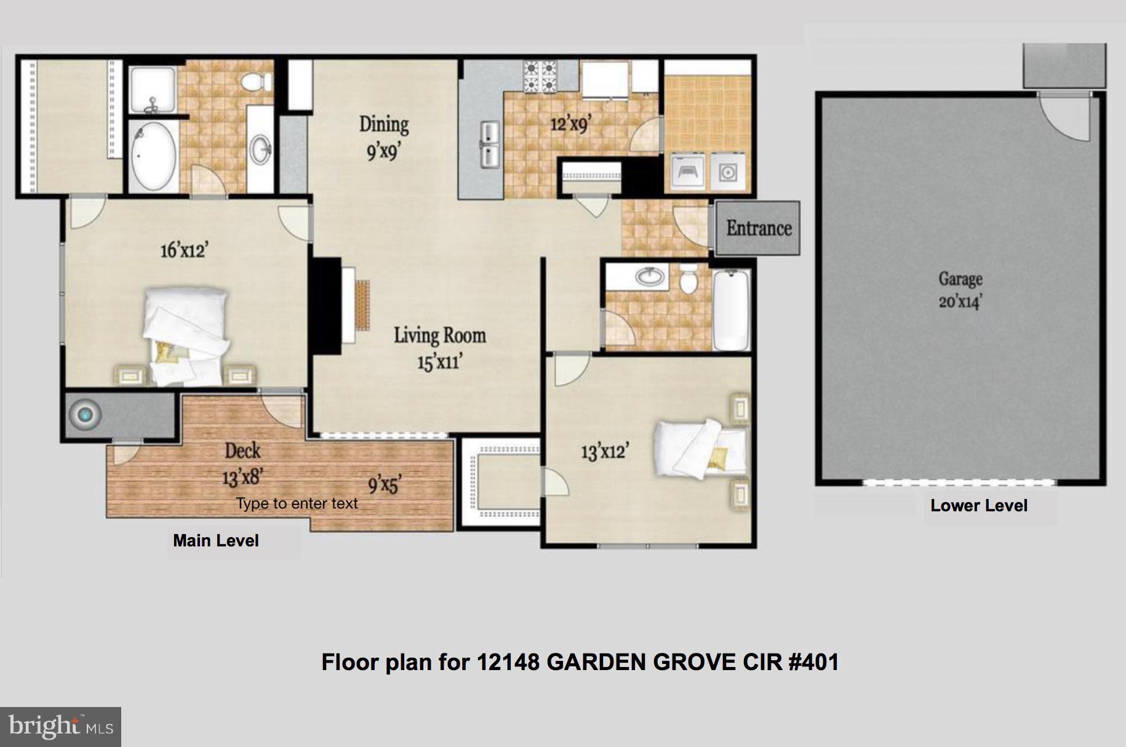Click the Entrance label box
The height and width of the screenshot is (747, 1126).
pyautogui.click(x=758, y=228)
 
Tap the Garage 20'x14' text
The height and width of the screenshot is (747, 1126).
pyautogui.click(x=960, y=290)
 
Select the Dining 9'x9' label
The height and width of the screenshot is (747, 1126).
pyautogui.click(x=384, y=137)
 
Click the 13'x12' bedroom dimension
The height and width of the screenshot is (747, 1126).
pyautogui.click(x=604, y=452)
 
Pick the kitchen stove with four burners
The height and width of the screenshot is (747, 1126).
pyautogui.click(x=540, y=77)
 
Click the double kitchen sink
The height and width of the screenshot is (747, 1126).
pyautogui.click(x=489, y=145)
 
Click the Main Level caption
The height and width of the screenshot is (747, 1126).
pyautogui.click(x=216, y=541)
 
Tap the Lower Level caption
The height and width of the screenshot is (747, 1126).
pyautogui.click(x=978, y=506)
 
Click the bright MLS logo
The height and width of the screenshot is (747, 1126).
pyautogui.click(x=60, y=727)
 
